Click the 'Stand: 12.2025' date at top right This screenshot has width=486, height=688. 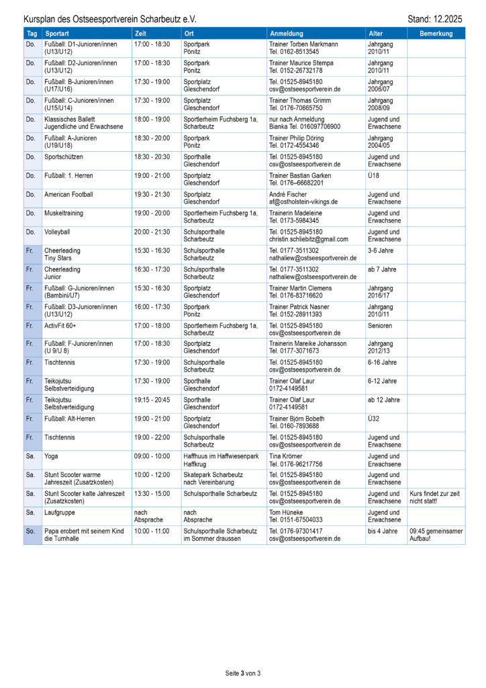(x=435, y=19)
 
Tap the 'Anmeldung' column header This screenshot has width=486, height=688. (x=287, y=34)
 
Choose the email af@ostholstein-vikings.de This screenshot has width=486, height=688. (x=303, y=202)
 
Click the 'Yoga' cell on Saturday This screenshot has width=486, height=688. (x=52, y=456)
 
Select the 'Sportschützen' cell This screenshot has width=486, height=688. (x=64, y=157)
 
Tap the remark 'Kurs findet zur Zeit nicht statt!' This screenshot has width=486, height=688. (x=435, y=497)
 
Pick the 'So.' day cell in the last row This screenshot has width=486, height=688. (x=31, y=531)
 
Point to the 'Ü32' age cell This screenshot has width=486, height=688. (x=374, y=419)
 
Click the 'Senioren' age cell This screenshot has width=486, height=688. (x=380, y=325)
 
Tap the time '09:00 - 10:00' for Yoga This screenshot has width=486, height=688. (x=152, y=456)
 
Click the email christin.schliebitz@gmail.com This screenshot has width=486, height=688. (x=308, y=239)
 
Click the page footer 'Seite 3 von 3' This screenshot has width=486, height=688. (x=242, y=673)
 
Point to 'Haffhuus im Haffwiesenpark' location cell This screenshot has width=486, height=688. (x=220, y=456)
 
